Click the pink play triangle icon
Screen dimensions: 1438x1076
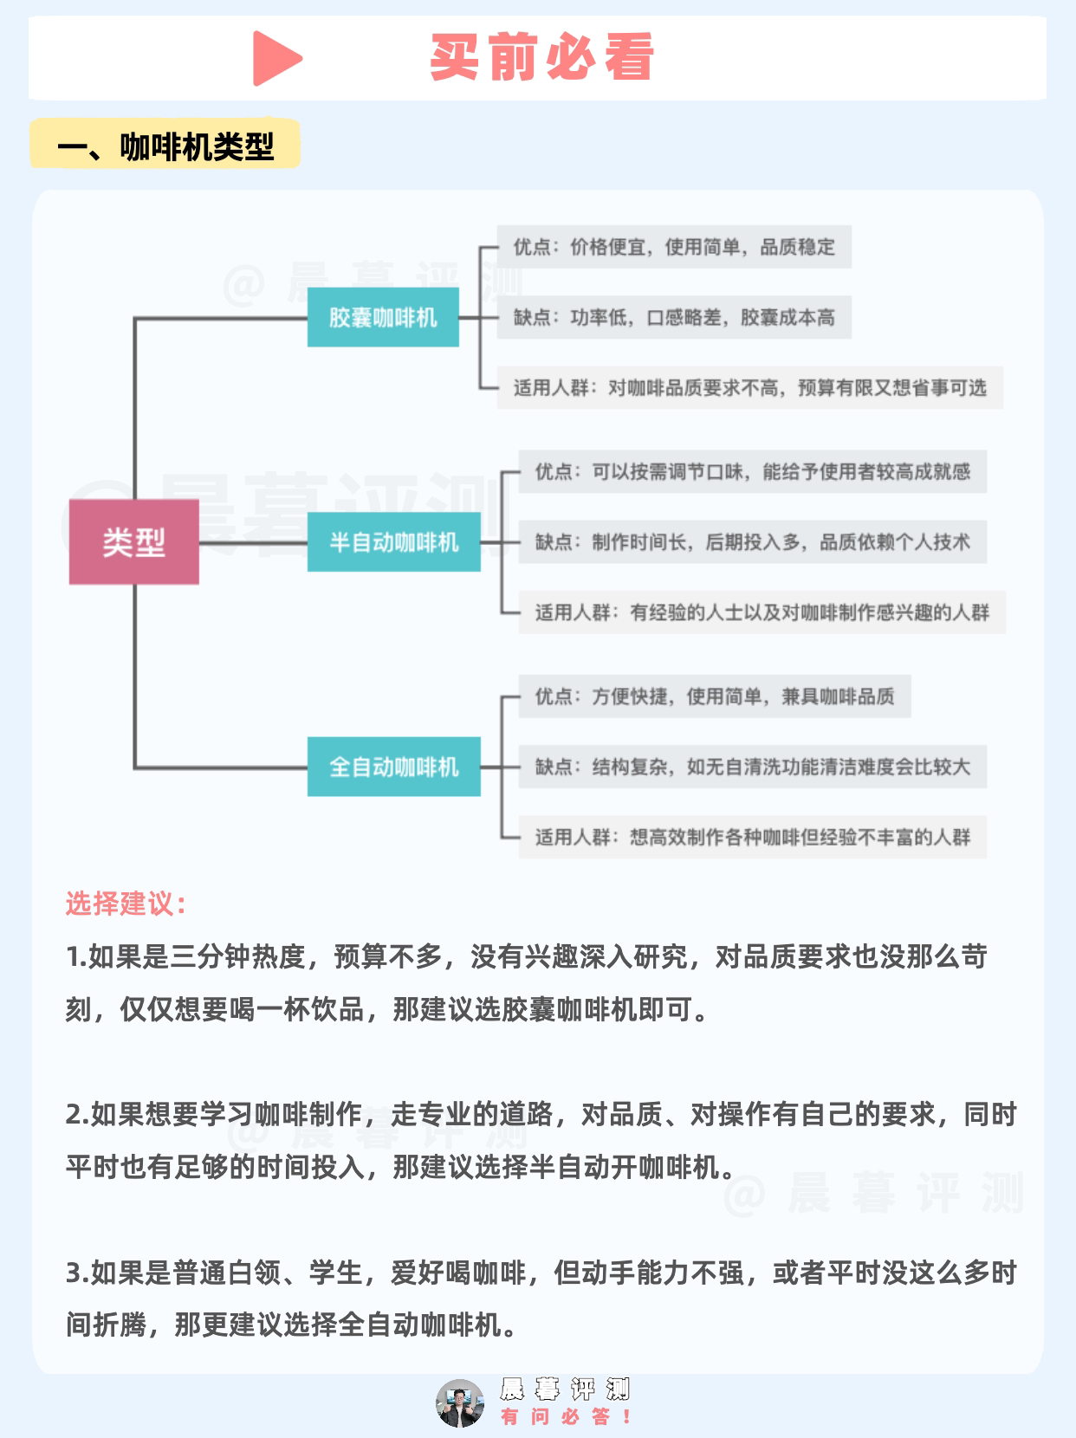point(275,59)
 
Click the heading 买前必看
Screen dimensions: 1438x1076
point(541,58)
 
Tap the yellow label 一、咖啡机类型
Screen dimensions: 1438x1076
point(165,146)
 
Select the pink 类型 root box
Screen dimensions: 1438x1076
point(134,542)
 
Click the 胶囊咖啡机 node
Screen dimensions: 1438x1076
point(383,318)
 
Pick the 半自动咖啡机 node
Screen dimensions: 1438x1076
point(393,542)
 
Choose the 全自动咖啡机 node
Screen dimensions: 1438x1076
point(393,767)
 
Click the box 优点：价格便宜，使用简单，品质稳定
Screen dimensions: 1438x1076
point(674,247)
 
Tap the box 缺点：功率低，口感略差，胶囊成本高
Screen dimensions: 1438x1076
point(674,318)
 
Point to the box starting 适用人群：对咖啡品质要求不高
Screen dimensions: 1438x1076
point(749,388)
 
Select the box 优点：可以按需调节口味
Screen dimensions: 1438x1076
point(752,472)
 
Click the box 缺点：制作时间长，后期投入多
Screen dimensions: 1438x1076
point(752,542)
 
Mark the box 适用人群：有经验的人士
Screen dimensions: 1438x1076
point(762,612)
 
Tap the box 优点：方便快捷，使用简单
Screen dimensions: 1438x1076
point(715,696)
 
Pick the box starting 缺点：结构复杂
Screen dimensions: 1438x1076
point(752,767)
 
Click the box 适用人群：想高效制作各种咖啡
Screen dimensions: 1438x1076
point(752,837)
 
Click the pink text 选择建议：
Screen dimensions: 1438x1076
point(126,904)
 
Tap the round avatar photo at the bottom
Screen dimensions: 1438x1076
point(460,1402)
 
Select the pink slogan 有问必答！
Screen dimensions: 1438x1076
point(566,1416)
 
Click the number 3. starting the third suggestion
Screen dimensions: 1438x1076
point(76,1273)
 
